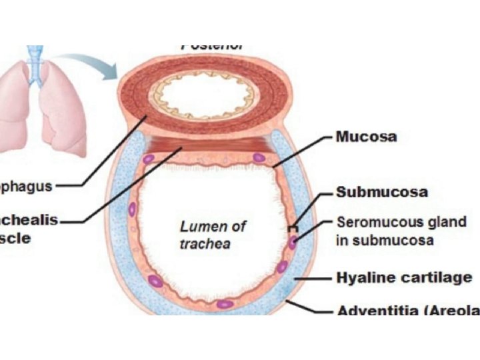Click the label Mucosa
tap(366, 137)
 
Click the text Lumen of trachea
tap(204, 235)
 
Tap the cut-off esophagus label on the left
tap(25, 186)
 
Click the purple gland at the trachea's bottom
tap(225, 304)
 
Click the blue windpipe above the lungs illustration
tap(35, 53)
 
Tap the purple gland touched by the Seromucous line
tap(292, 241)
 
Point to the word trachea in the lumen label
tap(205, 244)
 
